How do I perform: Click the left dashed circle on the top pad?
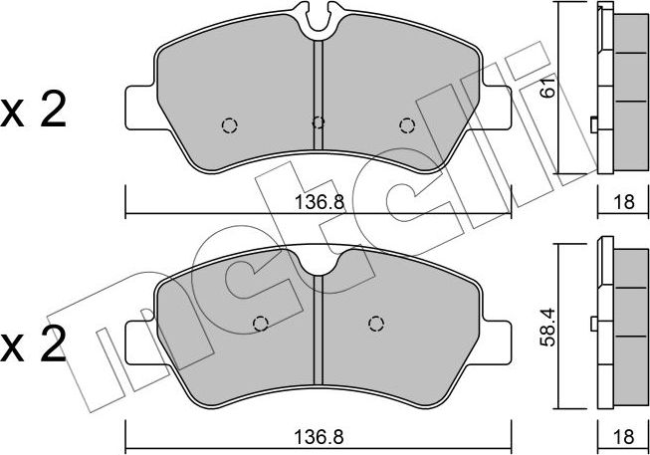pyautogui.click(x=229, y=124)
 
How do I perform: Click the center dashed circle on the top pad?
pyautogui.click(x=318, y=123)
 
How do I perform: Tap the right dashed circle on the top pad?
pyautogui.click(x=406, y=124)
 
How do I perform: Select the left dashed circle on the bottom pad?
pyautogui.click(x=260, y=323)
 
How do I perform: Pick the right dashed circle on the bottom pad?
pyautogui.click(x=375, y=322)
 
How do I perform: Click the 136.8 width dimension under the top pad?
pyautogui.click(x=317, y=201)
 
